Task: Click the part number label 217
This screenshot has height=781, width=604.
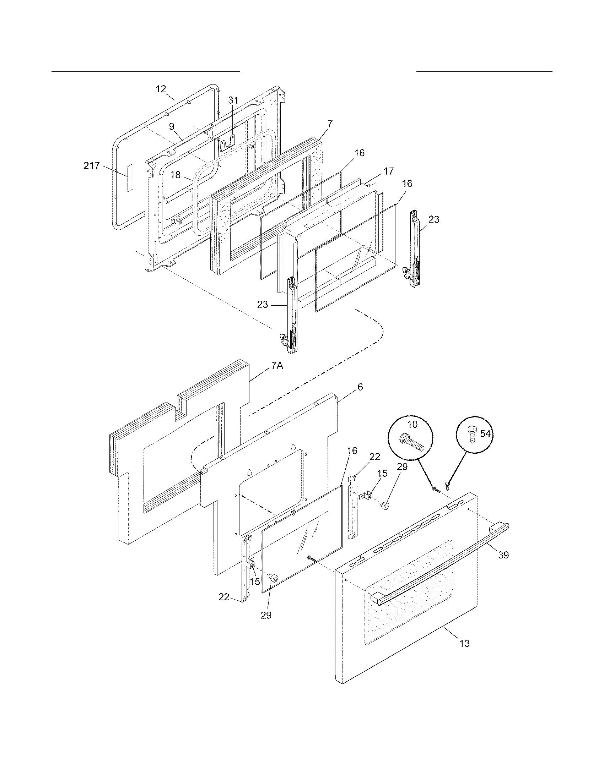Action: (92, 166)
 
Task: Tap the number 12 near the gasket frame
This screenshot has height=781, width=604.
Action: (161, 89)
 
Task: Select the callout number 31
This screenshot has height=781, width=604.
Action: (233, 100)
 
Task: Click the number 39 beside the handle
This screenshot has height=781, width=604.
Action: (503, 555)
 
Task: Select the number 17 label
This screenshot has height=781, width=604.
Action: (389, 171)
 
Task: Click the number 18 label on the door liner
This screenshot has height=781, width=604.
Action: (175, 175)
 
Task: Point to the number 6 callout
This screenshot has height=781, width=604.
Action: (360, 387)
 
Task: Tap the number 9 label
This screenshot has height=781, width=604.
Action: (172, 126)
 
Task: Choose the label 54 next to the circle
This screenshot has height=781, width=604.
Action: (485, 433)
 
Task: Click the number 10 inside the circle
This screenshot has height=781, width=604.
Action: (412, 425)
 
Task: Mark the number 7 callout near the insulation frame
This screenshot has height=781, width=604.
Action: (330, 124)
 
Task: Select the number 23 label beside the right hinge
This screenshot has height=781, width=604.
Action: (434, 219)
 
